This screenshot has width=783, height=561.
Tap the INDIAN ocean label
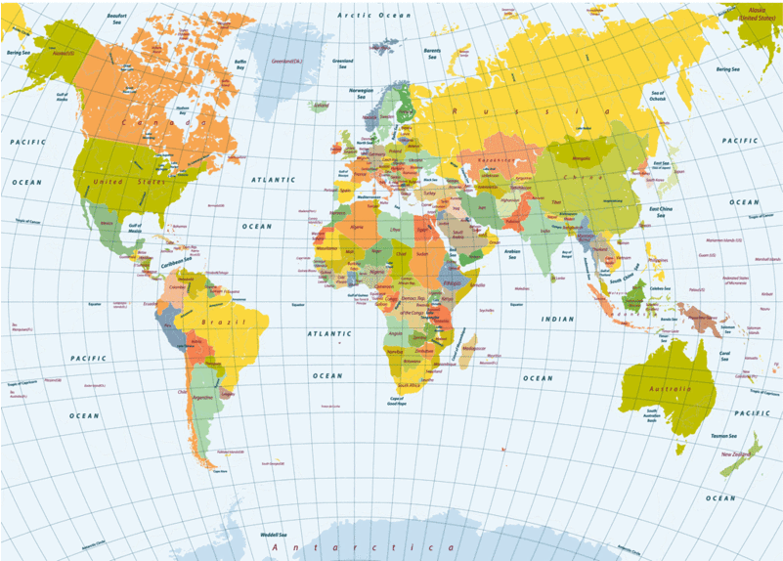558,319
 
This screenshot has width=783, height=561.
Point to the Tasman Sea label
724,436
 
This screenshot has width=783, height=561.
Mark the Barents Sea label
432,51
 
